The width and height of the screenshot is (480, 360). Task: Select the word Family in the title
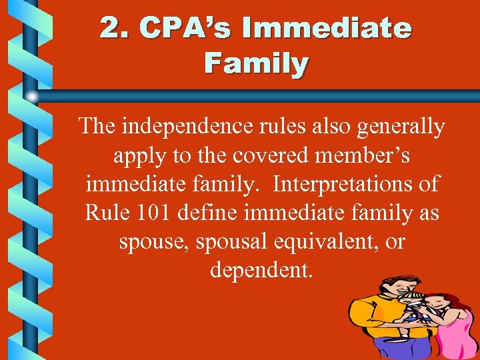(x=256, y=64)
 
